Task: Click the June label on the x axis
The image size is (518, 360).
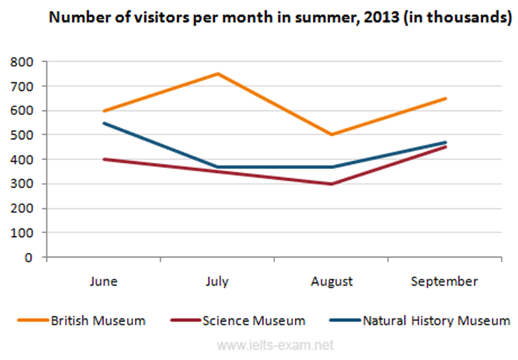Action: click(104, 282)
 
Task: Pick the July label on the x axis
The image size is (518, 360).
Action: click(218, 282)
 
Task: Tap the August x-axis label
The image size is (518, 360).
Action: click(332, 282)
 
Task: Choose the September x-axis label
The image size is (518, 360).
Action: click(445, 282)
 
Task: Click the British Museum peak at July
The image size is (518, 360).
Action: click(218, 73)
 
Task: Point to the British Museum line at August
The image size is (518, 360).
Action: click(332, 135)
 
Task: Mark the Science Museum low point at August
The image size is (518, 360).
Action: click(332, 184)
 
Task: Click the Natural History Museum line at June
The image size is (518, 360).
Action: click(104, 123)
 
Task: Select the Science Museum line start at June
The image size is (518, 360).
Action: click(104, 159)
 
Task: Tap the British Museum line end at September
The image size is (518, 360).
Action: click(445, 98)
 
